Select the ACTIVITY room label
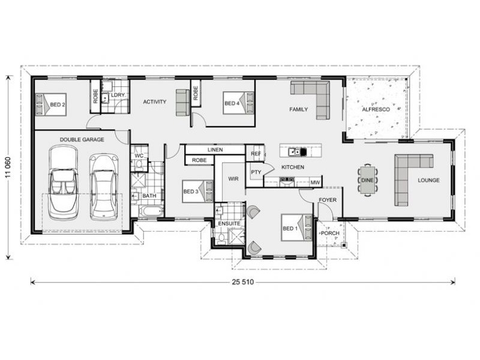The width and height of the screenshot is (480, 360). click(154, 102)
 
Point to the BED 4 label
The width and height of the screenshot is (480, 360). click(232, 103)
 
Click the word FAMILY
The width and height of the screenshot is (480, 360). click(298, 109)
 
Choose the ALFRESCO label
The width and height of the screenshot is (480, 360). click(376, 110)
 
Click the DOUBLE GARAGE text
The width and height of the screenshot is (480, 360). click(82, 139)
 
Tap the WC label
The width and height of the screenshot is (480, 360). click(138, 155)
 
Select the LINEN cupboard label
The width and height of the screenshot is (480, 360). click(215, 149)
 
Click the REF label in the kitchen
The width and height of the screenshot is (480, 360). click(254, 154)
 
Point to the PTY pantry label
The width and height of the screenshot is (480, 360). click(256, 173)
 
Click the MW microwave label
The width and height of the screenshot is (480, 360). click(314, 182)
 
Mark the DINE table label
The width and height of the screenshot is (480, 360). click(367, 179)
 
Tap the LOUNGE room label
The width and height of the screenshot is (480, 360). click(429, 180)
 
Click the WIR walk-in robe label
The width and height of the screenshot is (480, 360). click(233, 178)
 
